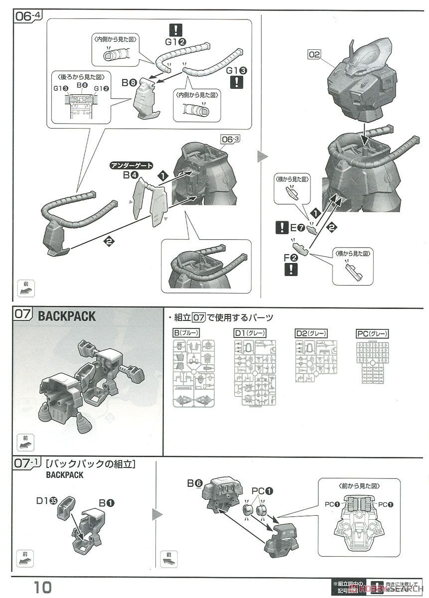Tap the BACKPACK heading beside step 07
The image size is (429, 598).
coord(67,316)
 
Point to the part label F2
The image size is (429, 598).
coord(291,258)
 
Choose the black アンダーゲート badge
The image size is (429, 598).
coord(132,165)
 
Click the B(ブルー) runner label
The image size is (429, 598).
coord(186,333)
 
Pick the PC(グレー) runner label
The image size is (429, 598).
coord(373,333)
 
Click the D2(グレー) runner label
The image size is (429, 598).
coord(311,333)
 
